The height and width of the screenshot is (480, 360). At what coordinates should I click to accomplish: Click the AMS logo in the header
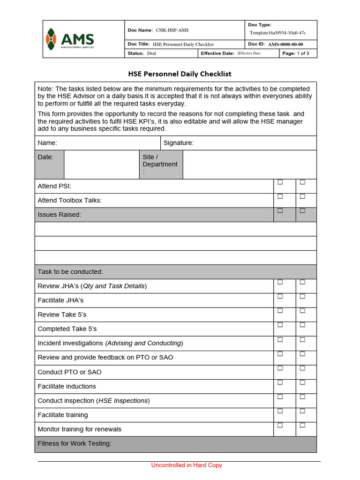[70, 39]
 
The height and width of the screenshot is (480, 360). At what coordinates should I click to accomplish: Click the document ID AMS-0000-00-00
[285, 45]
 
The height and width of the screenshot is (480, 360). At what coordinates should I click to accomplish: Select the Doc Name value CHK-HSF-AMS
[172, 30]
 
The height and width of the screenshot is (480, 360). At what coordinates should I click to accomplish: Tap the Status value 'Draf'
[151, 53]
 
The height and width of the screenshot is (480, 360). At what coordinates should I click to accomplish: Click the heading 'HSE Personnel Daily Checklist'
[180, 74]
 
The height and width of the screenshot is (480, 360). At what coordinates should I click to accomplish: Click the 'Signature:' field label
[178, 143]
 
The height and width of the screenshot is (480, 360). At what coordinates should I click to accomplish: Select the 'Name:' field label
[47, 143]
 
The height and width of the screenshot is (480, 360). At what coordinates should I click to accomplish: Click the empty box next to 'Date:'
[101, 165]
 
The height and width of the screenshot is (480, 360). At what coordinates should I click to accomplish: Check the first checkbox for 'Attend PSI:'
[280, 182]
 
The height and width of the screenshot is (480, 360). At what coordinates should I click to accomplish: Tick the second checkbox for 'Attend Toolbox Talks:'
[302, 196]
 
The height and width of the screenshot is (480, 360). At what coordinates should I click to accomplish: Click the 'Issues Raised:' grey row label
[60, 215]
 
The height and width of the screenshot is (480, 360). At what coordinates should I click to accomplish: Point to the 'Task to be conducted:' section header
[70, 272]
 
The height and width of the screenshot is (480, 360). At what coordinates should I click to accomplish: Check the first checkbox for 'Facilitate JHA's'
[280, 296]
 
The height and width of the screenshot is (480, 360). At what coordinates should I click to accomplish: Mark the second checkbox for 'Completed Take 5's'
[302, 324]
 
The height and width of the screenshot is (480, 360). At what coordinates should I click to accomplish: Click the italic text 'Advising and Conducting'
[144, 343]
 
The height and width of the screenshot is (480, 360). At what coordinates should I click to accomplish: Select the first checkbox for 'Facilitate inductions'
[280, 382]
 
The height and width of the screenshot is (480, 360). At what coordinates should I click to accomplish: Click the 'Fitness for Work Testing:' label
[75, 443]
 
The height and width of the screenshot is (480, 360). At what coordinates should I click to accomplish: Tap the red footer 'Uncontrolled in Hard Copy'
[187, 465]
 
